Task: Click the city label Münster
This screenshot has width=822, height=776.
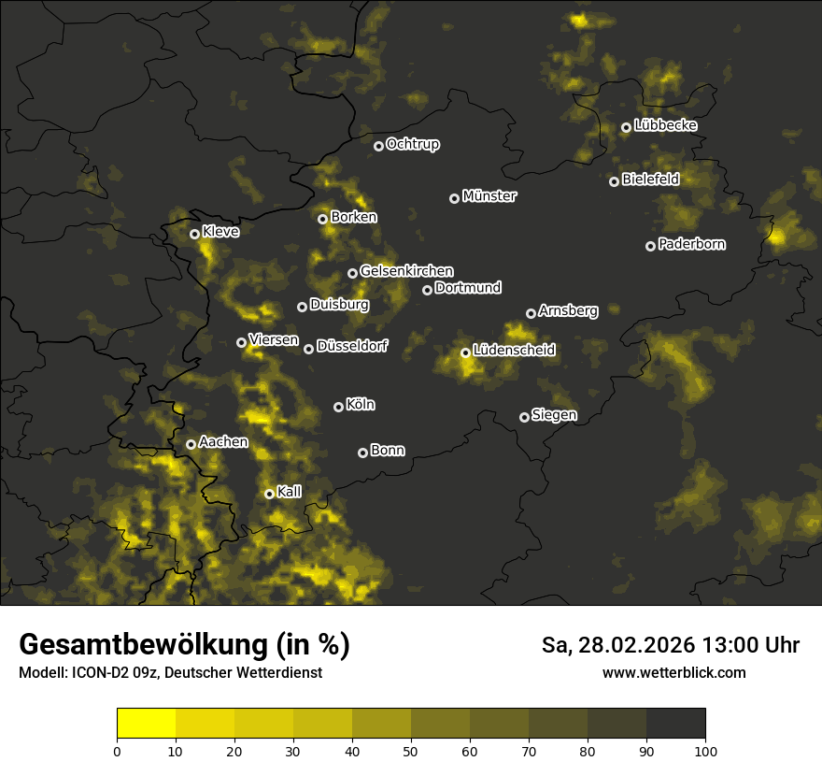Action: [x=489, y=196]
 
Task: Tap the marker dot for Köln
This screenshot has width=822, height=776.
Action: [x=338, y=407]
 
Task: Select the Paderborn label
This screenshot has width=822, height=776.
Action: [x=692, y=244]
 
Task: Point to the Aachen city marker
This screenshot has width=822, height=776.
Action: [x=191, y=444]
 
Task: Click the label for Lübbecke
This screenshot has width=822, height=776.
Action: [x=665, y=125]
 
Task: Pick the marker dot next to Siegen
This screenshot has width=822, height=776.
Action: [x=524, y=417]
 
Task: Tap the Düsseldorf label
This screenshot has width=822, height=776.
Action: [x=352, y=347]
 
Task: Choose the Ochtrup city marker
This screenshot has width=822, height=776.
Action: [x=378, y=145]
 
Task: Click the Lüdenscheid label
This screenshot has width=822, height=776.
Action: [x=514, y=350]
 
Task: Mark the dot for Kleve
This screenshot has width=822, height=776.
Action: [x=194, y=234]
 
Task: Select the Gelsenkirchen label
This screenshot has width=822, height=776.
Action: [x=406, y=271]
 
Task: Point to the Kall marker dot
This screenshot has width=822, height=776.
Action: [x=269, y=494]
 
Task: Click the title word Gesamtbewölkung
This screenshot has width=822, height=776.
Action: [x=140, y=645]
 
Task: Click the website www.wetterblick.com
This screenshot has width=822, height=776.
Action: [x=673, y=672]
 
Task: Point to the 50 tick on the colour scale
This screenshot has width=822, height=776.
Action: [x=411, y=750]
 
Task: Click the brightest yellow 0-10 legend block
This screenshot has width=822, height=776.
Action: [x=147, y=723]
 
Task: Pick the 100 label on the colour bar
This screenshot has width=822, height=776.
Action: [x=705, y=750]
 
